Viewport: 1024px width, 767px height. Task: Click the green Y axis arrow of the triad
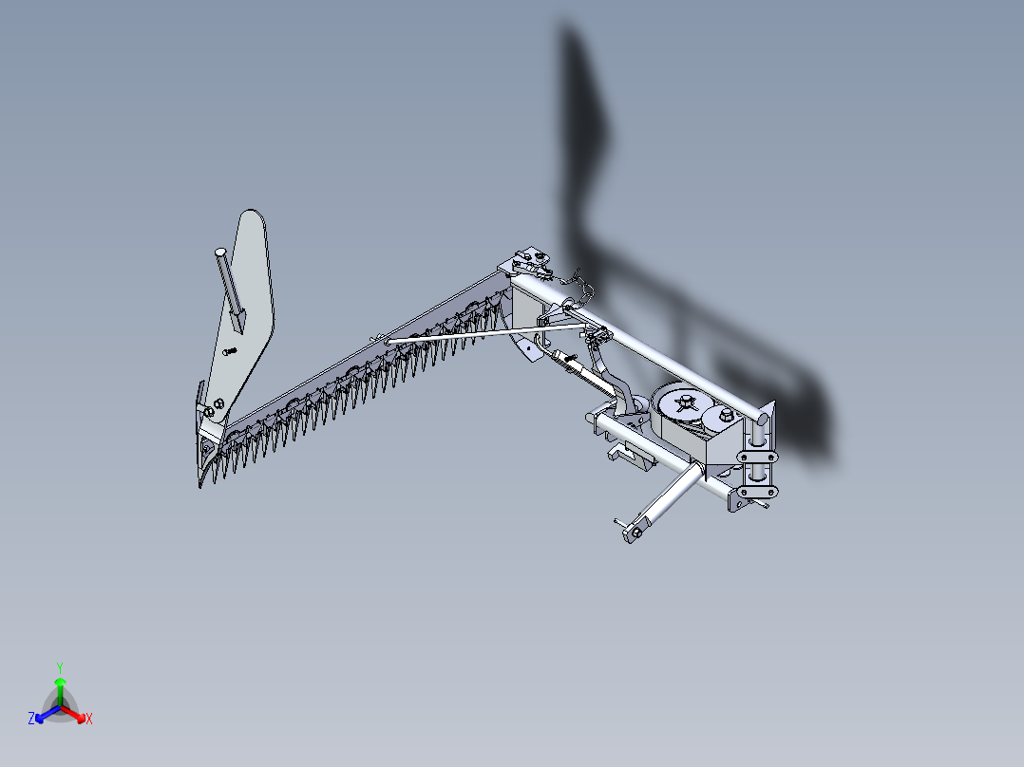pyautogui.click(x=59, y=683)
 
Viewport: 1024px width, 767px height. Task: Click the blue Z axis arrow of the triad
pyautogui.click(x=39, y=717)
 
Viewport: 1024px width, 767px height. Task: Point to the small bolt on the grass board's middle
pyautogui.click(x=228, y=352)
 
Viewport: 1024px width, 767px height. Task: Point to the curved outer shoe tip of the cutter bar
pyautogui.click(x=205, y=469)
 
